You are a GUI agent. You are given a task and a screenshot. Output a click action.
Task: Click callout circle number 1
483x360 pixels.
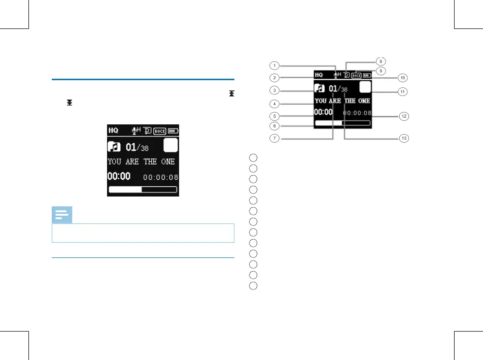click(274, 65)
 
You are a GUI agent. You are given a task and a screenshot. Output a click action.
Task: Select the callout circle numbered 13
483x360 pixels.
click(403, 139)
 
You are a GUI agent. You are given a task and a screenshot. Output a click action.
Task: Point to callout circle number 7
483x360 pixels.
click(274, 139)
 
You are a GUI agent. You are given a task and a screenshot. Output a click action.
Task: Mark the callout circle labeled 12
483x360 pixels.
click(403, 116)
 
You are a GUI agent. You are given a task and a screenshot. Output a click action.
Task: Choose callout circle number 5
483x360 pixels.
click(274, 116)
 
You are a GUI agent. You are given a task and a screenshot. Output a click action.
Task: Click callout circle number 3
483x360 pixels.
click(274, 91)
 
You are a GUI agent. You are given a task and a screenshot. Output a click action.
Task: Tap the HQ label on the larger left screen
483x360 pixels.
click(114, 130)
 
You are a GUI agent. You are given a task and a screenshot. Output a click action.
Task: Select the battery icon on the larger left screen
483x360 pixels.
click(173, 130)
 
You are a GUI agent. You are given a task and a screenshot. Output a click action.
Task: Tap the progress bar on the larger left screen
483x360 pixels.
click(143, 190)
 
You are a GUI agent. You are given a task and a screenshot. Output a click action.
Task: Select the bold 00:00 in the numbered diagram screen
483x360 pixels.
click(323, 112)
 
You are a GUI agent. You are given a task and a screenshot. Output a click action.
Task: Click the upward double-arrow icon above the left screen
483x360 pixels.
click(231, 94)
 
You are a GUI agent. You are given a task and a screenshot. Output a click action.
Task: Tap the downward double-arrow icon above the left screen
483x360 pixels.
click(69, 103)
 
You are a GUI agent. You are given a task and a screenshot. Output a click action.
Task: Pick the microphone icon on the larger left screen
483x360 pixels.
click(135, 130)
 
